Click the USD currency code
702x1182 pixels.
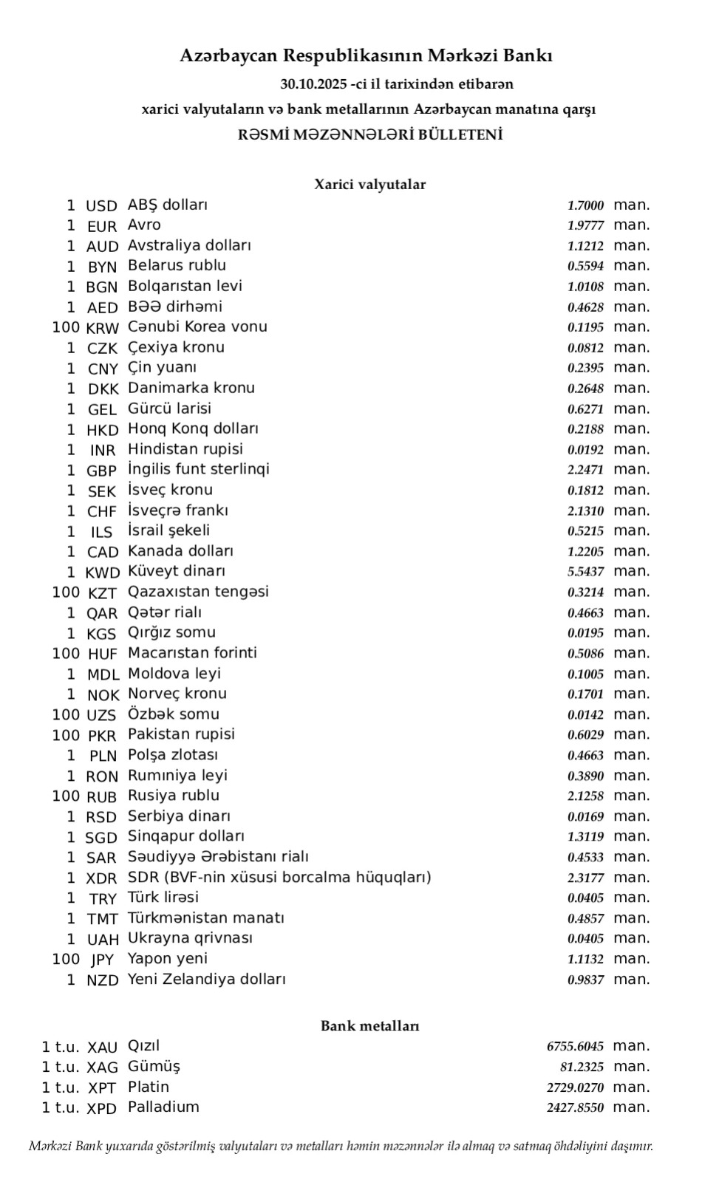pyautogui.click(x=101, y=206)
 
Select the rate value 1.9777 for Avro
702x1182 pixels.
pyautogui.click(x=585, y=226)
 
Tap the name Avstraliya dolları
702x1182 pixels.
pyautogui.click(x=189, y=245)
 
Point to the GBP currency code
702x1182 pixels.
pyautogui.click(x=101, y=471)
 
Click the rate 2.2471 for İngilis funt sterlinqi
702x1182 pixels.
pyautogui.click(x=585, y=470)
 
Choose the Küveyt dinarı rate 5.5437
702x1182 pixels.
pyautogui.click(x=585, y=572)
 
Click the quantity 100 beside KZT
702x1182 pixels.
pyautogui.click(x=66, y=592)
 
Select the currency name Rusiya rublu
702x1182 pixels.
pyautogui.click(x=174, y=796)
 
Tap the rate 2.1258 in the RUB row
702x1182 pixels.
pyautogui.click(x=585, y=796)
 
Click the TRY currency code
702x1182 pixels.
pyautogui.click(x=103, y=899)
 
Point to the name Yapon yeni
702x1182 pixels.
pyautogui.click(x=168, y=959)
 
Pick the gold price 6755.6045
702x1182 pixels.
pyautogui.click(x=575, y=1047)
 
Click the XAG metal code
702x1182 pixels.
pyautogui.click(x=102, y=1067)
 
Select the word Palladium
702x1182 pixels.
pyautogui.click(x=163, y=1107)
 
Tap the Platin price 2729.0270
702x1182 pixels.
pyautogui.click(x=575, y=1087)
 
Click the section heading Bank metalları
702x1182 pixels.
pyautogui.click(x=369, y=1026)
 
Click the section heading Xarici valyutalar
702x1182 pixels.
pyautogui.click(x=369, y=185)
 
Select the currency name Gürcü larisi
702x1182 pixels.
pyautogui.click(x=169, y=409)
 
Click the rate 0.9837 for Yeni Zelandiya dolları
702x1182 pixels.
pyautogui.click(x=585, y=980)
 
